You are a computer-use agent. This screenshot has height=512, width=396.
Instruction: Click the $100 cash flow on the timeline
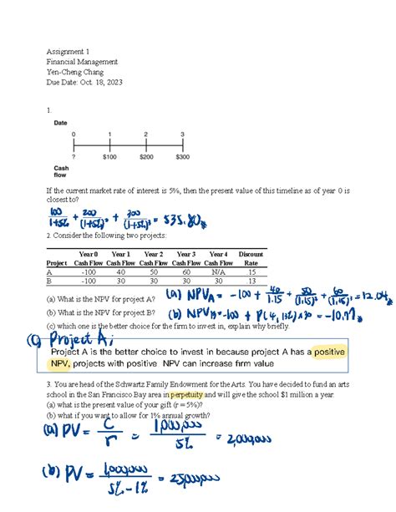[109, 155]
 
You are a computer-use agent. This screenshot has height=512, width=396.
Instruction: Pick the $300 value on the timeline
[182, 155]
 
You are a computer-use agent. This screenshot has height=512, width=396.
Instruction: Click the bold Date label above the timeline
[61, 123]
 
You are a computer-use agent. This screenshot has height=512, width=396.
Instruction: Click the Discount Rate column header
[251, 257]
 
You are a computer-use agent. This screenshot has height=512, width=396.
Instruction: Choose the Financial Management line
[82, 61]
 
